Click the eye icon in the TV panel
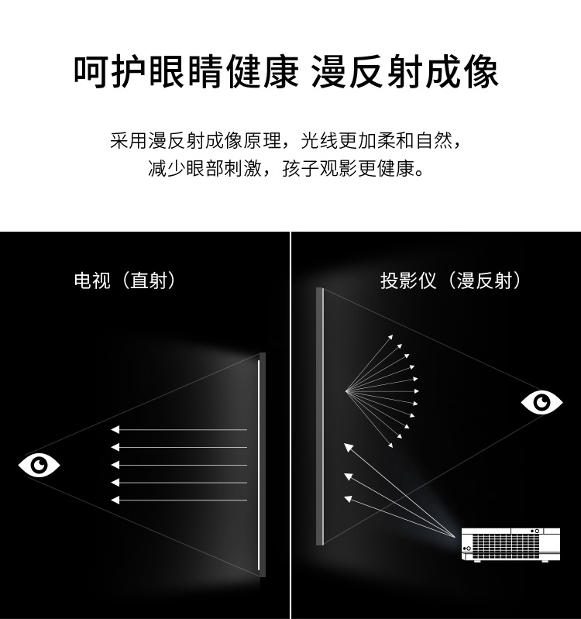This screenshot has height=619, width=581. pyautogui.click(x=39, y=466)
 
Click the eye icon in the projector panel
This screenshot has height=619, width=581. pyautogui.click(x=541, y=403)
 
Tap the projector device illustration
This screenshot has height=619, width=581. pyautogui.click(x=511, y=544)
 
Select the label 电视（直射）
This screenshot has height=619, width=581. pyautogui.click(x=124, y=280)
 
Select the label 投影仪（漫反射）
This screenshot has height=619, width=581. pyautogui.click(x=450, y=280)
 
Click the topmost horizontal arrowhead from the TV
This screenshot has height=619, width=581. pyautogui.click(x=115, y=429)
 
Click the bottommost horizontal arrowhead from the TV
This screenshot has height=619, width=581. pyautogui.click(x=115, y=500)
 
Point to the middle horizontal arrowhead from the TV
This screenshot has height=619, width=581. pyautogui.click(x=115, y=465)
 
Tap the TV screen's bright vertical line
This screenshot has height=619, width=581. pyautogui.click(x=259, y=465)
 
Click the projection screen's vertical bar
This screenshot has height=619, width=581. pyautogui.click(x=320, y=417)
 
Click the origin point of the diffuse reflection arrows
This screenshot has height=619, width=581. pyautogui.click(x=346, y=391)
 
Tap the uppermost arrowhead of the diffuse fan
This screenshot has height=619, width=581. pyautogui.click(x=390, y=337)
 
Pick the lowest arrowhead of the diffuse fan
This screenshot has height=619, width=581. pyautogui.click(x=390, y=445)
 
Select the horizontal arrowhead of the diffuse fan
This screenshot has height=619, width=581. pyautogui.click(x=417, y=391)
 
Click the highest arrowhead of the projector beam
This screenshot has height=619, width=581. pyautogui.click(x=348, y=447)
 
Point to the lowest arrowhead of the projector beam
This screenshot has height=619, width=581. pyautogui.click(x=348, y=499)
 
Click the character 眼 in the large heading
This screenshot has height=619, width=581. pyautogui.click(x=167, y=72)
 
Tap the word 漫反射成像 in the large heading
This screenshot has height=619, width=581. pyautogui.click(x=405, y=72)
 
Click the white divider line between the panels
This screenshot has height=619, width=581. pyautogui.click(x=290, y=425)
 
